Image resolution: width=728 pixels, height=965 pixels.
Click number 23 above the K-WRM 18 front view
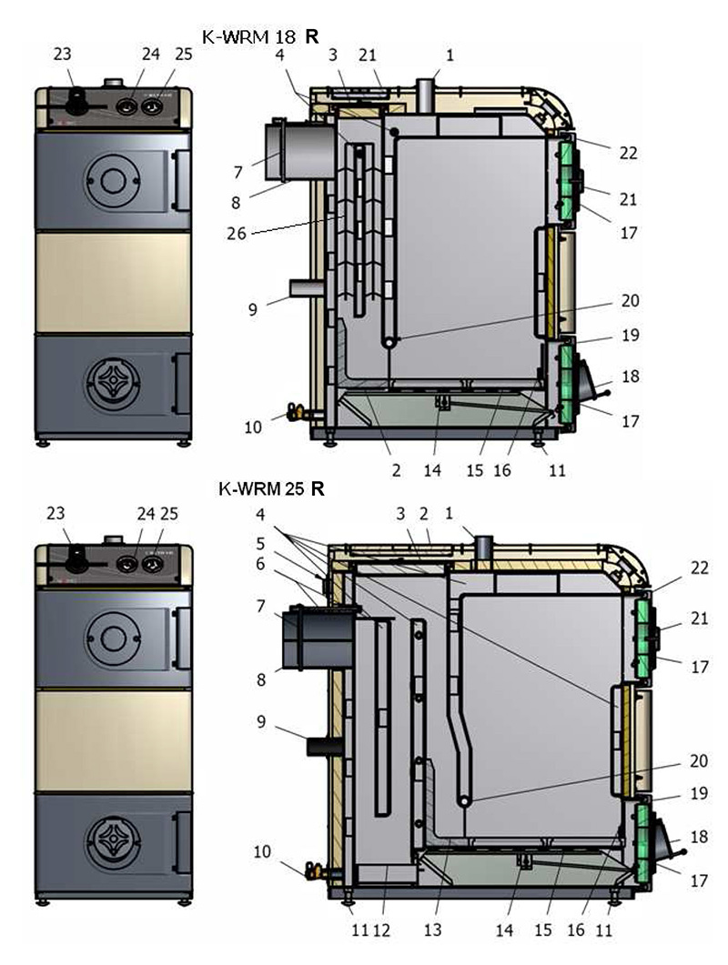pyautogui.click(x=63, y=55)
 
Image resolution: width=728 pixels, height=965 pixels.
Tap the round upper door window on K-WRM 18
pyautogui.click(x=111, y=179)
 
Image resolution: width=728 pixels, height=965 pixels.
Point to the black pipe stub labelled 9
pyautogui.click(x=323, y=746)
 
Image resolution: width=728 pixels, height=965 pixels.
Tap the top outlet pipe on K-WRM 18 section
pyautogui.click(x=426, y=93)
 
